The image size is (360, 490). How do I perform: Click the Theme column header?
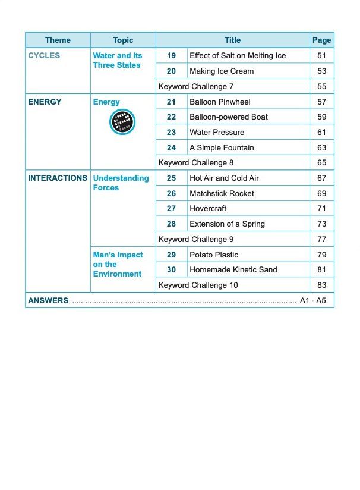pyautogui.click(x=58, y=40)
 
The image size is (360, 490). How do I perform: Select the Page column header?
pyautogui.click(x=321, y=40)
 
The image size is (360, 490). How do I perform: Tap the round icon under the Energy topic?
pyautogui.click(x=123, y=122)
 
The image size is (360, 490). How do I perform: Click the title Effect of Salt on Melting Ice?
pyautogui.click(x=238, y=56)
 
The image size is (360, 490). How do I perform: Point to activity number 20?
pyautogui.click(x=171, y=71)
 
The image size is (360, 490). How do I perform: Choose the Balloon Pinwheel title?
pyautogui.click(x=220, y=102)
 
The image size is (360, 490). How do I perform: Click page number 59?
pyautogui.click(x=322, y=117)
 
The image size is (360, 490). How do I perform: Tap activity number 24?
pyautogui.click(x=171, y=148)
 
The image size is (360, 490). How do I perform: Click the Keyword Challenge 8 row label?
pyautogui.click(x=196, y=163)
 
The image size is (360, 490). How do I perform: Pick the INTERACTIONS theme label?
pyautogui.click(x=58, y=178)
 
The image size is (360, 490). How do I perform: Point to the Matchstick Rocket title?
pyautogui.click(x=222, y=194)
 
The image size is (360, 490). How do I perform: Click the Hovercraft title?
pyautogui.click(x=208, y=209)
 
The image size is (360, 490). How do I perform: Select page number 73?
pyautogui.click(x=322, y=224)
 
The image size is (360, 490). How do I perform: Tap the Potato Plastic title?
pyautogui.click(x=214, y=255)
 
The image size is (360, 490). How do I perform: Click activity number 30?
pyautogui.click(x=171, y=270)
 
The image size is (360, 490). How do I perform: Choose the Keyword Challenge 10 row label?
pyautogui.click(x=198, y=285)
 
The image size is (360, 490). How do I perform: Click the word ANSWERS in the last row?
pyautogui.click(x=48, y=301)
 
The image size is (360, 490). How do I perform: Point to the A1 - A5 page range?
pyautogui.click(x=313, y=301)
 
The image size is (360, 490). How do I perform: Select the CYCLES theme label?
pyautogui.click(x=44, y=56)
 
